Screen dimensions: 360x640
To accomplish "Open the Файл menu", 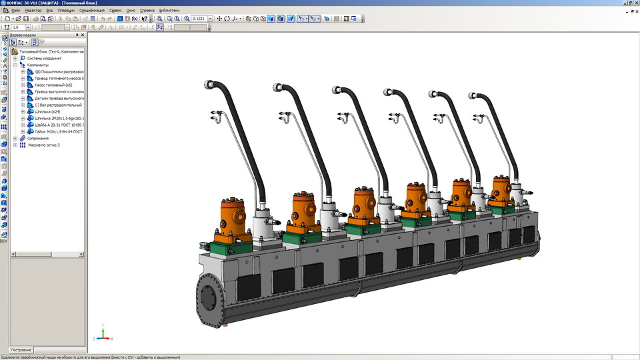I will coord(15,11).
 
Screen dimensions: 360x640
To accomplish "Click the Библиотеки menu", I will coord(169,11).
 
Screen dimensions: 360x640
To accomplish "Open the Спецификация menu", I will coord(91,11).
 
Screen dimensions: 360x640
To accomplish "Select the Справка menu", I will coord(147,11).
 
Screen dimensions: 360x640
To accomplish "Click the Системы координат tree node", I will coord(43,58).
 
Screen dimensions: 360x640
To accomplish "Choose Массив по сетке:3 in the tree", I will coord(44,145).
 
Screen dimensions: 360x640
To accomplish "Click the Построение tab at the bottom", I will coord(21,350).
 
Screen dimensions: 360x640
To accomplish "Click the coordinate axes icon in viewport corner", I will coord(102,333).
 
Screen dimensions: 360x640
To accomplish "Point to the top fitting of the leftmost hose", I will coord(211,85).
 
